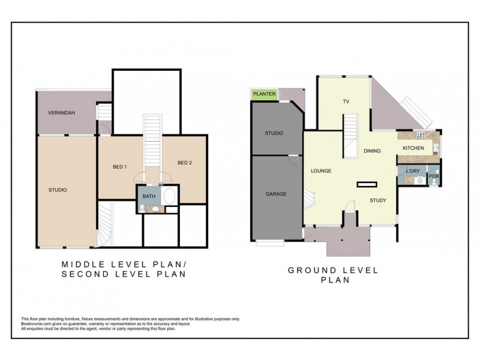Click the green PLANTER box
coord(265,94)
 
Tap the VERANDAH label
coord(62,113)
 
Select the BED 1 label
coord(119,167)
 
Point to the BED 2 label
coord(185,163)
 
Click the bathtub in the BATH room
coord(169,196)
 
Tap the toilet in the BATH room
coord(142,208)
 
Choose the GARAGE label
coord(276,194)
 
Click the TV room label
coord(346,101)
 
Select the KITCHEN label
coord(413,148)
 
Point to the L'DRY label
coord(413,171)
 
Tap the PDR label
coord(434,176)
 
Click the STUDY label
coord(378,200)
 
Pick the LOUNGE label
coord(321,171)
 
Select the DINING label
coord(372,151)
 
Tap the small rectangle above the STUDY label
coord(367,184)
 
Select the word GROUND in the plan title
coord(312,271)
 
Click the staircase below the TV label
coord(350,136)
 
